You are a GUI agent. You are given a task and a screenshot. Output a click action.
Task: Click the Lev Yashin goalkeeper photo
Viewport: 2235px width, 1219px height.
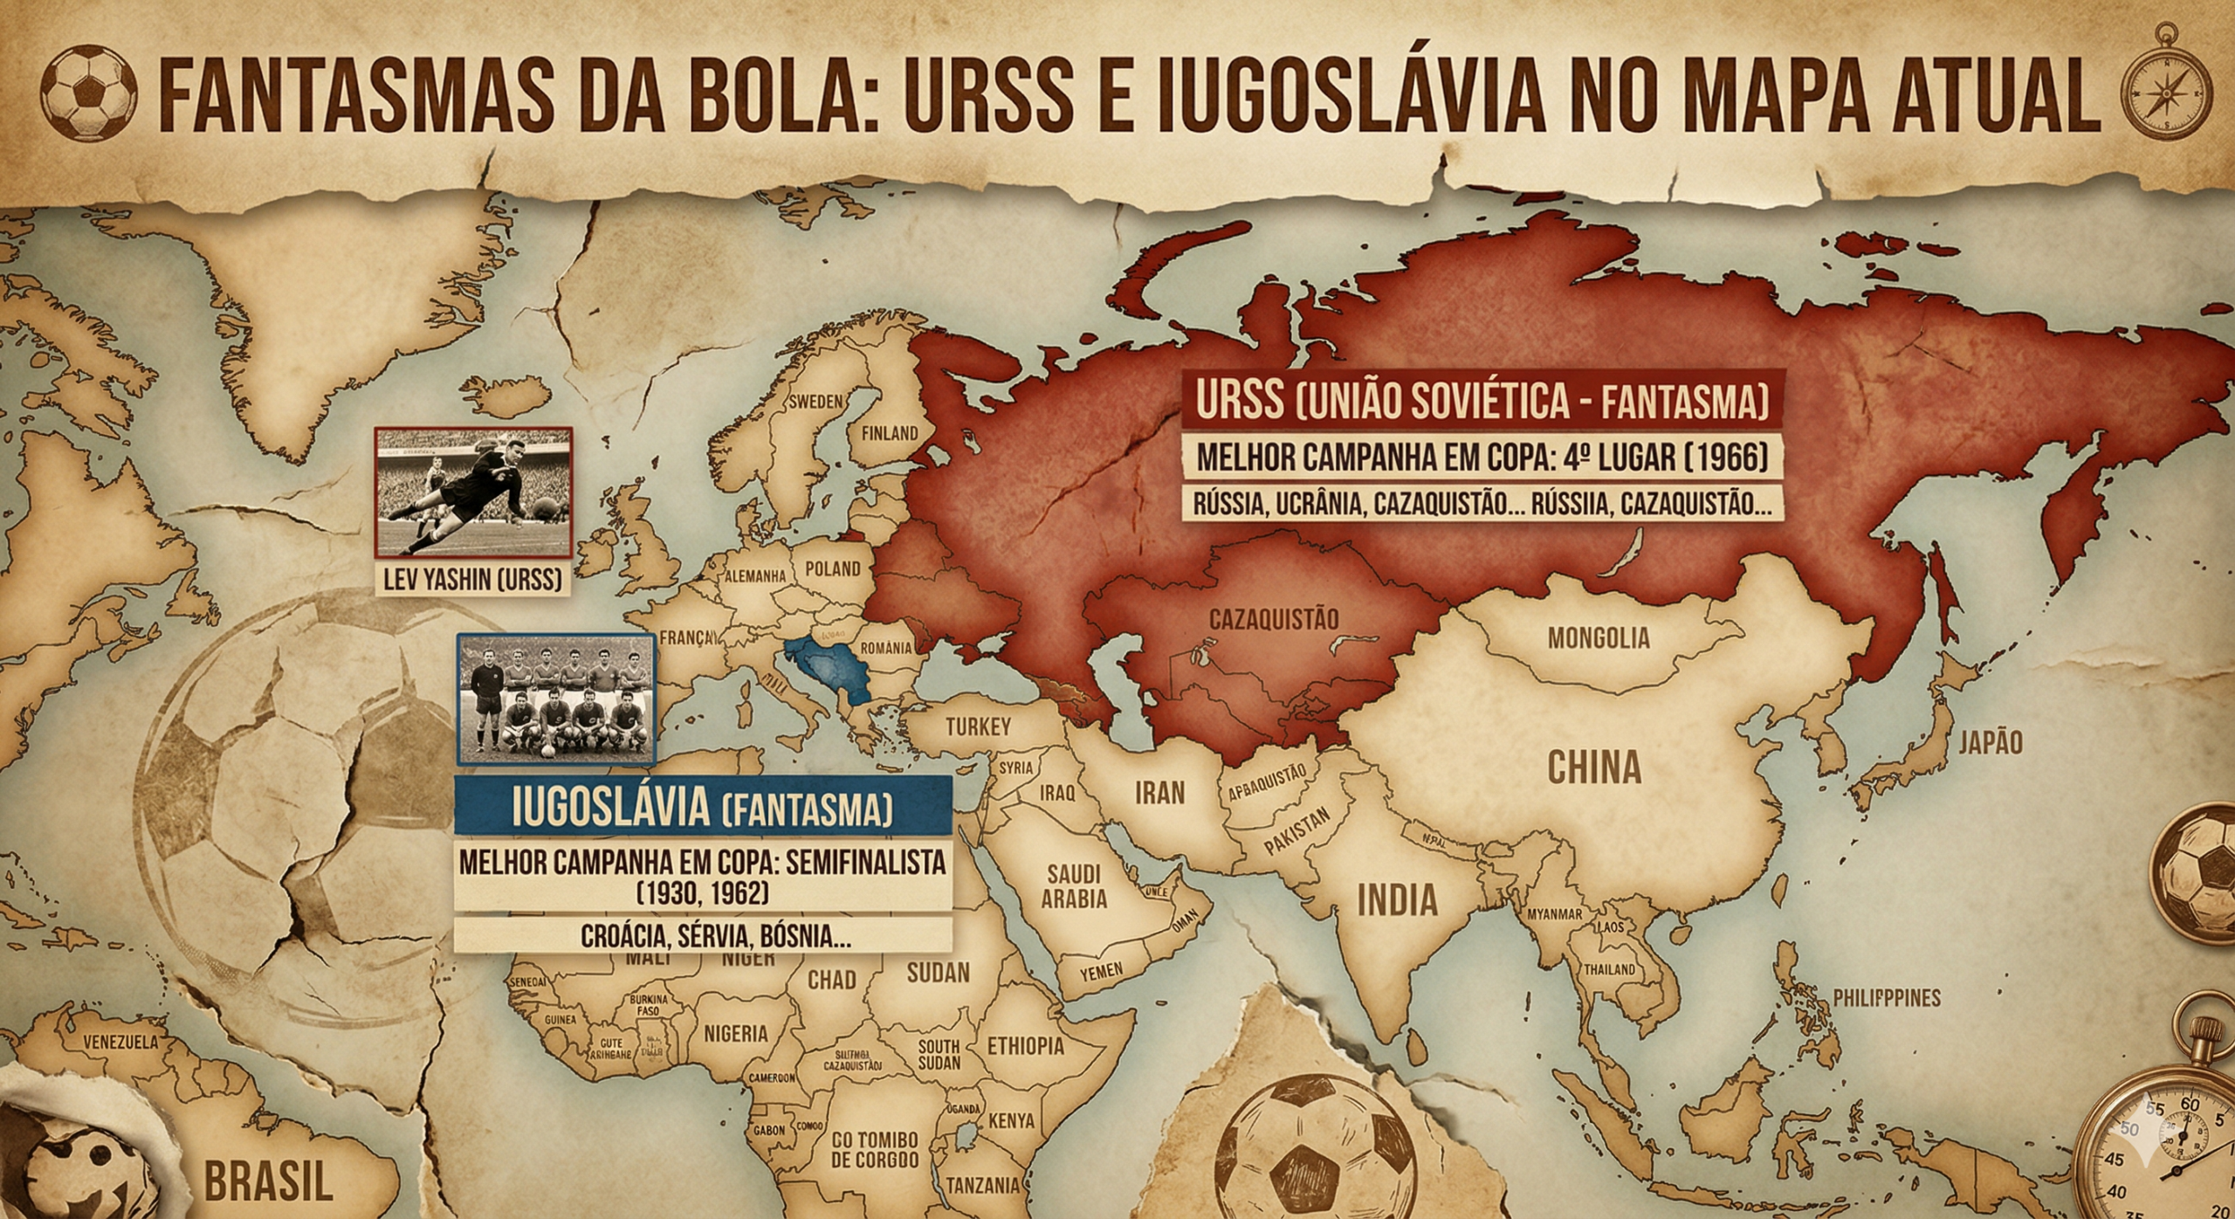pyautogui.click(x=473, y=492)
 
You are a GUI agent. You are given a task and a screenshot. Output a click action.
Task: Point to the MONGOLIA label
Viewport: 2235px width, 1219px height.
pyautogui.click(x=1599, y=638)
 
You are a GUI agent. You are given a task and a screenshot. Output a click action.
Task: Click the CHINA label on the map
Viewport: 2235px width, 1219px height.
pyautogui.click(x=1594, y=768)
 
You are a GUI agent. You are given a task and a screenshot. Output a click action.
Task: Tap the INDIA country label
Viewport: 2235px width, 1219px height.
pyautogui.click(x=1397, y=899)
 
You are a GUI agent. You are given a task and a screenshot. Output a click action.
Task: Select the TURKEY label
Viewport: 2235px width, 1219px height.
pyautogui.click(x=978, y=727)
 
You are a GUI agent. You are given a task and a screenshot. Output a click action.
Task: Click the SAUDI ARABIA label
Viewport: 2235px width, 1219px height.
pyautogui.click(x=1074, y=886)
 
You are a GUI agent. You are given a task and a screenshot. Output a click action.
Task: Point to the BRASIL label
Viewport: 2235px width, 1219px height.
pyautogui.click(x=268, y=1181)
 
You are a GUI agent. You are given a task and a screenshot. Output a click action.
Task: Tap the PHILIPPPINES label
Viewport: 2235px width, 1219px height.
pyautogui.click(x=1886, y=998)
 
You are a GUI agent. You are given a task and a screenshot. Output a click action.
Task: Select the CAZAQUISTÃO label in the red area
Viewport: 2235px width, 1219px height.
pyautogui.click(x=1273, y=620)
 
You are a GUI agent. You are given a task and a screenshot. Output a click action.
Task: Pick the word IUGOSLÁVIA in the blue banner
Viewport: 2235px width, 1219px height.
pyautogui.click(x=611, y=810)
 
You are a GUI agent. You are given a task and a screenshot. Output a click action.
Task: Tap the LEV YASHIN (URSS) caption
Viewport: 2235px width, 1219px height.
pyautogui.click(x=472, y=579)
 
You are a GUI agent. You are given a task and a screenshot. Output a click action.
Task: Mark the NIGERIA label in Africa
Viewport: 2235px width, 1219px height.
pyautogui.click(x=735, y=1034)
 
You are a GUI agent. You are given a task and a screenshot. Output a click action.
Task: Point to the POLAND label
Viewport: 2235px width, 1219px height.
pyautogui.click(x=832, y=569)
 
